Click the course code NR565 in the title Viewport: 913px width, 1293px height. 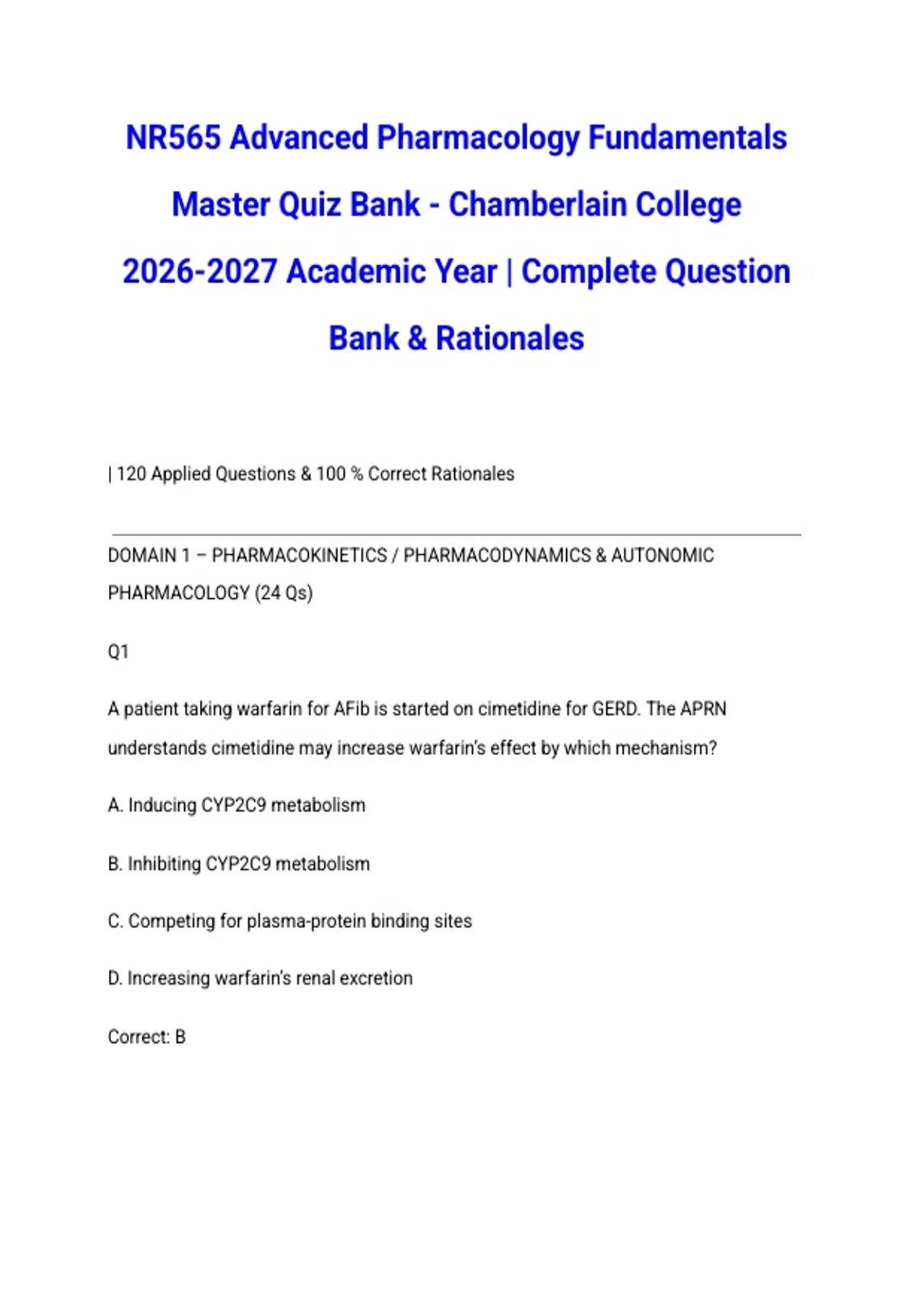tap(173, 138)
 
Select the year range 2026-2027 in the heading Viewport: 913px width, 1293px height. tap(199, 272)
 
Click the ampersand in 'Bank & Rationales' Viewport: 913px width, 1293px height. tap(417, 338)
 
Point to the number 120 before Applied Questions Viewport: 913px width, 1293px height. tap(131, 474)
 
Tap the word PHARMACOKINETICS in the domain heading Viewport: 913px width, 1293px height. tap(299, 556)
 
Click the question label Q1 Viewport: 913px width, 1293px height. tap(119, 652)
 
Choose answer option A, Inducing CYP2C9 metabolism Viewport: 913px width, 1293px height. tap(237, 805)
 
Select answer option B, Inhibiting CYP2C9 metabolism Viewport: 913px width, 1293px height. tap(239, 864)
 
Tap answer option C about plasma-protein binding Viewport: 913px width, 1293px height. tap(290, 921)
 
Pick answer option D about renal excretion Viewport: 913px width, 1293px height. tap(260, 978)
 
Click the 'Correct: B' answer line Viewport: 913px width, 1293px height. tap(147, 1037)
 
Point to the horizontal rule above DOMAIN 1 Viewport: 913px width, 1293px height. tap(456, 535)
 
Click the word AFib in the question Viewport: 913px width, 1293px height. tap(351, 710)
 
